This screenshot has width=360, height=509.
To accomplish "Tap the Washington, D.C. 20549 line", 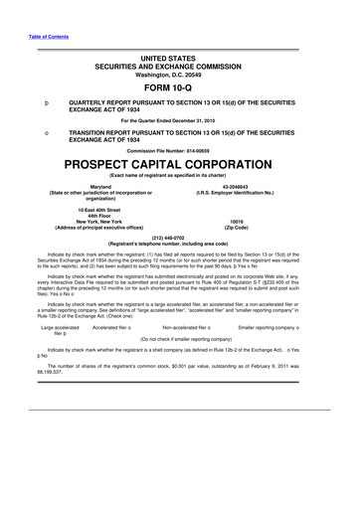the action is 179,74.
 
